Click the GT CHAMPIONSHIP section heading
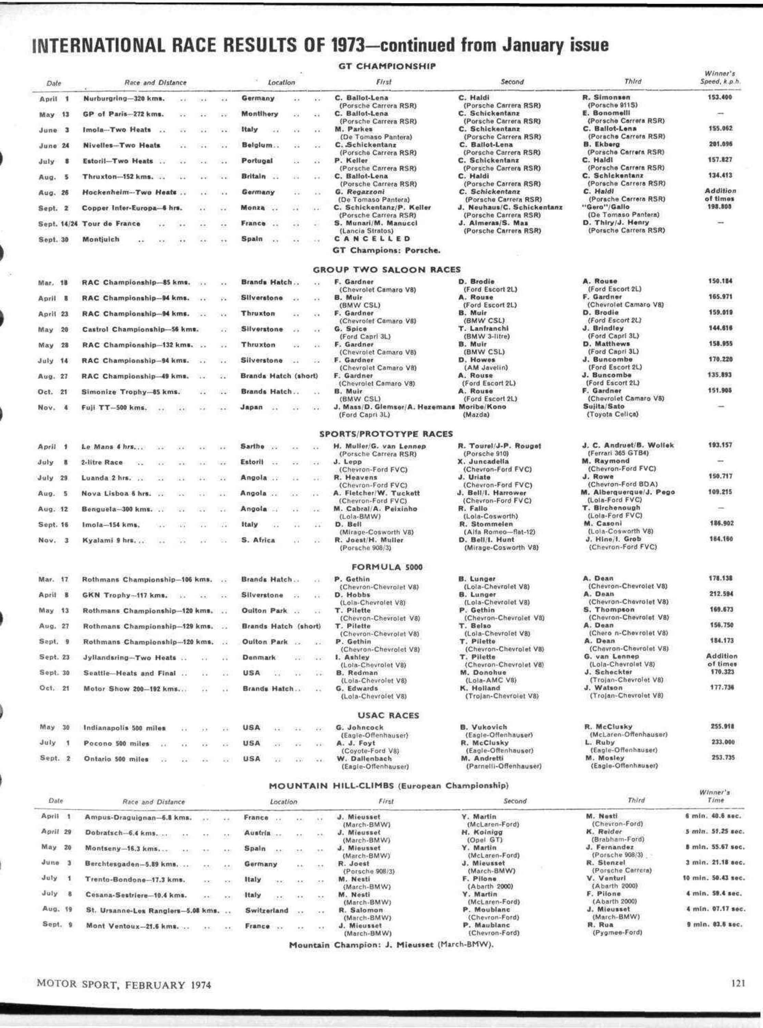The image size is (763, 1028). [386, 66]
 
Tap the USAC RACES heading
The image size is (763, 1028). [388, 715]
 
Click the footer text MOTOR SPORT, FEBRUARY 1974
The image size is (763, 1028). [124, 984]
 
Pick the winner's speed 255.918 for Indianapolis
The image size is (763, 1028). [722, 726]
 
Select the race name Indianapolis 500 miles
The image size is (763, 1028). [124, 728]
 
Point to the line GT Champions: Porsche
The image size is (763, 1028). [386, 251]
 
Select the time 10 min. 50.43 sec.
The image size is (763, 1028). [714, 878]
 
